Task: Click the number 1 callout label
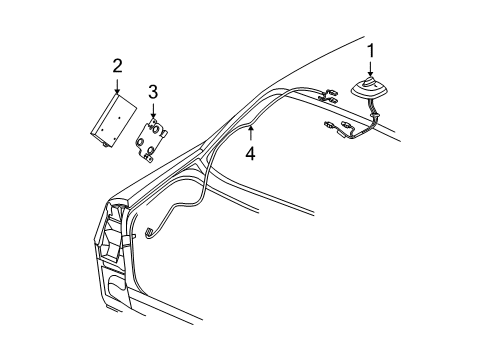371,50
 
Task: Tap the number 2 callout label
117,66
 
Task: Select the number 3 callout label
153,92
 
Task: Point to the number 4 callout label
251,154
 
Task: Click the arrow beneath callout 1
371,69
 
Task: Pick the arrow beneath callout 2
117,86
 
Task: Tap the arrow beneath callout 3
153,111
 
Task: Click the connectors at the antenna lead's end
336,128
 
